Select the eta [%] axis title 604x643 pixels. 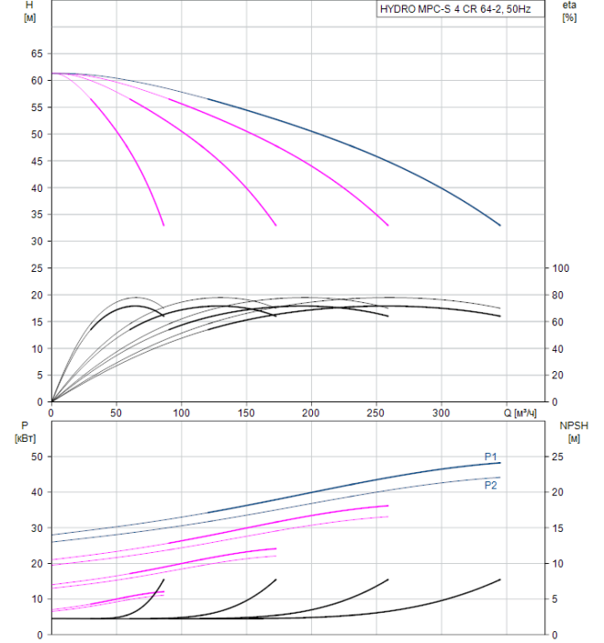pyautogui.click(x=569, y=11)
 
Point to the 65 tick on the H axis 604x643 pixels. pyautogui.click(x=38, y=54)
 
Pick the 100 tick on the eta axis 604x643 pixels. pyautogui.click(x=561, y=268)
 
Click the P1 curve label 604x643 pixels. pyautogui.click(x=490, y=457)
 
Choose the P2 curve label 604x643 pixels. pyautogui.click(x=490, y=485)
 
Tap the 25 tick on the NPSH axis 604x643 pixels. pyautogui.click(x=559, y=457)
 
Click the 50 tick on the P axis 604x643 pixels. pyautogui.click(x=38, y=457)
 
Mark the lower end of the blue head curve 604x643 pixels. pyautogui.click(x=500, y=225)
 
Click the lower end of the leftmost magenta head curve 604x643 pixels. pyautogui.click(x=163, y=225)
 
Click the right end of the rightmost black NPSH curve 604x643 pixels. pyautogui.click(x=500, y=580)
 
